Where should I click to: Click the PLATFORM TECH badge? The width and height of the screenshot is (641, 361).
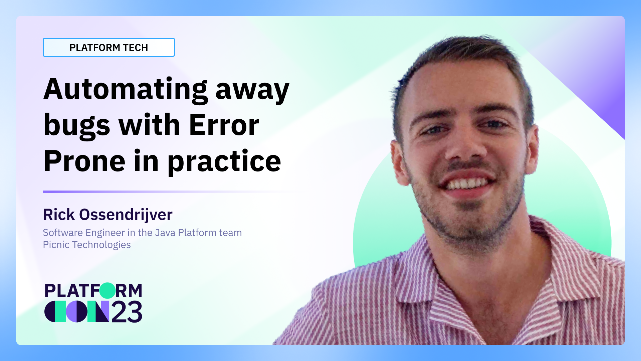point(109,47)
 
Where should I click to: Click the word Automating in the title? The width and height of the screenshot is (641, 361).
point(125,90)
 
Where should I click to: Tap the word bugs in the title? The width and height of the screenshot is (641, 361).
point(76,126)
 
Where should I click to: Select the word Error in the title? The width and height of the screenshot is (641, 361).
point(224,125)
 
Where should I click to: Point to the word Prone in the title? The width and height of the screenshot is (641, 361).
point(84,161)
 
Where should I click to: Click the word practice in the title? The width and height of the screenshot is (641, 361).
point(224,162)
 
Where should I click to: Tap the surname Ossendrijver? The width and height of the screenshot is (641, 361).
point(126,215)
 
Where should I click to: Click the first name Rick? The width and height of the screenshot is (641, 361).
point(59,215)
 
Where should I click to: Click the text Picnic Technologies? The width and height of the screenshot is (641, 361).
point(87,245)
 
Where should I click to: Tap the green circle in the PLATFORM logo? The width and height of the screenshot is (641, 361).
point(108,290)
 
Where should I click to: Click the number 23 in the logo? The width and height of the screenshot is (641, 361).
point(127,312)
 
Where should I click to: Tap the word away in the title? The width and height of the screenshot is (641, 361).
point(252,90)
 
